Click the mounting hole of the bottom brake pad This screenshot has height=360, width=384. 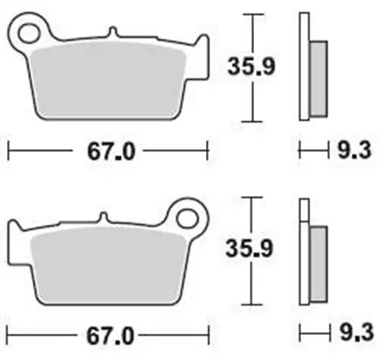click(x=187, y=215)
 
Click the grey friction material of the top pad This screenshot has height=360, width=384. click(x=109, y=83)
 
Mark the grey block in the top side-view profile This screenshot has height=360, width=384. click(x=319, y=79)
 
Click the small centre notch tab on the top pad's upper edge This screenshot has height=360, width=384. click(x=113, y=34)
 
